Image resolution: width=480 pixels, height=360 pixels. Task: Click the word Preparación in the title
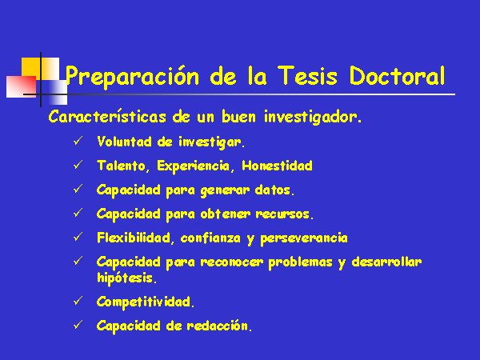click(x=132, y=76)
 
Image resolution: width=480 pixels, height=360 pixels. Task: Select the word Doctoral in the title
click(x=397, y=75)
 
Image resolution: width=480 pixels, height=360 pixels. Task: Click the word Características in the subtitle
click(x=107, y=117)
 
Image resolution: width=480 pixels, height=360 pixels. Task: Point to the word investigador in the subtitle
click(x=313, y=118)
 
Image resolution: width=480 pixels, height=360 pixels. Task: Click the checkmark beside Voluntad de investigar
click(x=78, y=141)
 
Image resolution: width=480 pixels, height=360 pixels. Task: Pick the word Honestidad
click(x=277, y=166)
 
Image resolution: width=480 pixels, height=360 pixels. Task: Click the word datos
click(x=274, y=190)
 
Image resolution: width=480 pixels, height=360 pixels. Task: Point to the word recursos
click(x=285, y=214)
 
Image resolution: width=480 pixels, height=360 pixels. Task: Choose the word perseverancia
click(x=304, y=238)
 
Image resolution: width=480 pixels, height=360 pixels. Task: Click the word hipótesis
click(x=126, y=278)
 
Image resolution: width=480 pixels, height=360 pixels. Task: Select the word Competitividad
click(x=146, y=302)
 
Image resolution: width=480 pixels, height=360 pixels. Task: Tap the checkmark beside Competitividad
click(x=78, y=301)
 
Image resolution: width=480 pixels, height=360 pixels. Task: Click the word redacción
click(x=219, y=326)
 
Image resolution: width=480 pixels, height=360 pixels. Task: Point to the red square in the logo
click(x=21, y=86)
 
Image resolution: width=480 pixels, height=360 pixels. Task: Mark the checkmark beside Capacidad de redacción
click(x=78, y=325)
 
